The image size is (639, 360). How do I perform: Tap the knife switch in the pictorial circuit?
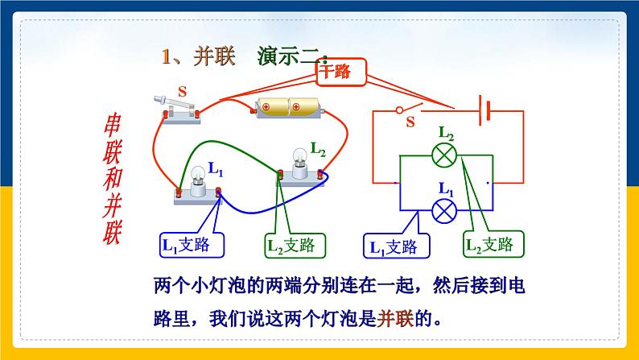(x=182, y=109)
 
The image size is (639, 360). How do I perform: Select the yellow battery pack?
(x=287, y=107)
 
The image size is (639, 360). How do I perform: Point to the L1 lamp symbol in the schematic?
(x=443, y=211)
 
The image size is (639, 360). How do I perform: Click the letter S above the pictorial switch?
(x=182, y=92)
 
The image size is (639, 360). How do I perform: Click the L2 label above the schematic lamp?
(x=447, y=132)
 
